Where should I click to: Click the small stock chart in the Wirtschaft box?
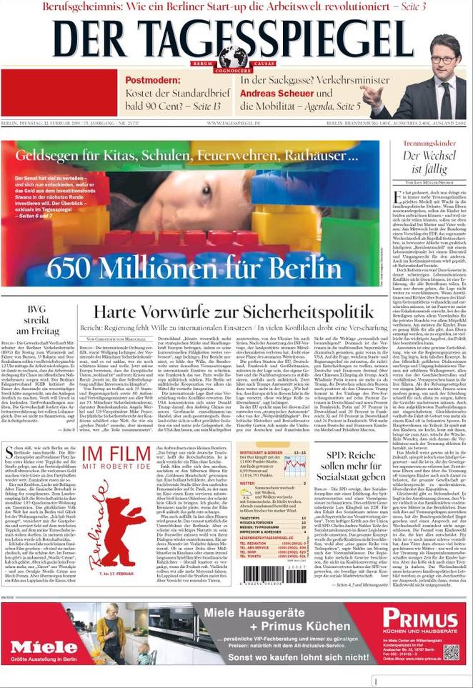click(294, 467)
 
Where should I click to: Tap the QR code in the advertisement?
click(450, 652)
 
